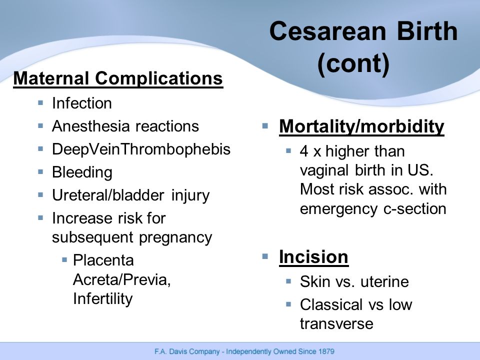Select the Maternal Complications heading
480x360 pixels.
[x=118, y=78]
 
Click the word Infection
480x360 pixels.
[x=81, y=103]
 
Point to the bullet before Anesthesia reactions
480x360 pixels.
[x=40, y=125]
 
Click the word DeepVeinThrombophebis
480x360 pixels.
[x=141, y=149]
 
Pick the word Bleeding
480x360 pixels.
[x=82, y=172]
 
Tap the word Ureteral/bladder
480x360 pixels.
[x=108, y=195]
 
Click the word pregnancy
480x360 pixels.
[x=175, y=238]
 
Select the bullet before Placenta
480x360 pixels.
[x=64, y=260]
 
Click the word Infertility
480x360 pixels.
[x=103, y=299]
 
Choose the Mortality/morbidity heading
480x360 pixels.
[x=361, y=126]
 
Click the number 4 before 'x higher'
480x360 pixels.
[x=304, y=151]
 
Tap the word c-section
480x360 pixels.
[x=415, y=209]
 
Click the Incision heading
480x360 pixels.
[x=314, y=257]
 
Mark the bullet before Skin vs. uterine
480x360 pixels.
[x=288, y=281]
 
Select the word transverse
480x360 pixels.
[x=336, y=324]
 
